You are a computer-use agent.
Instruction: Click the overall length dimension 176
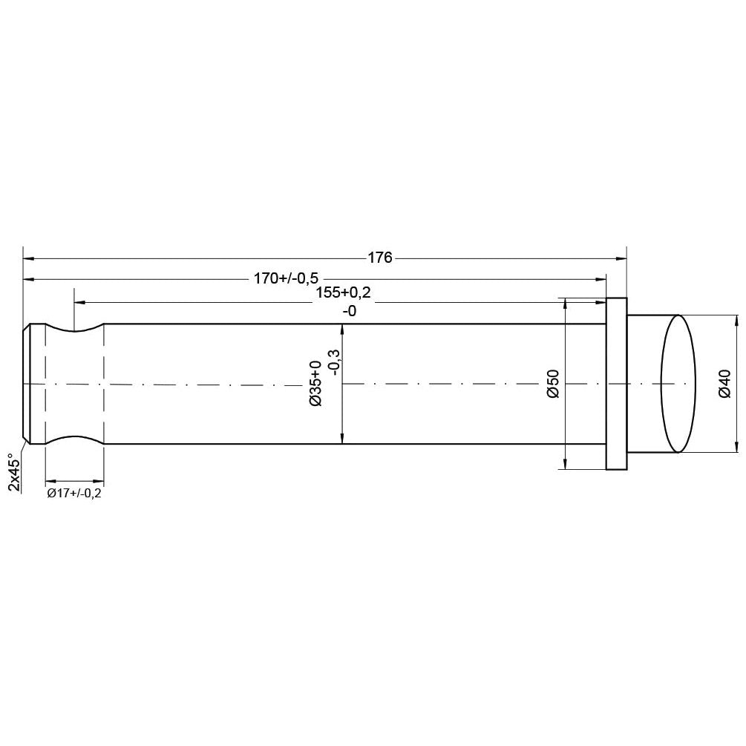tap(379, 258)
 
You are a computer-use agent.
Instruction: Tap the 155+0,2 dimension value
tap(342, 292)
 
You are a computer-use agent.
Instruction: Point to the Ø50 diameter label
tap(553, 384)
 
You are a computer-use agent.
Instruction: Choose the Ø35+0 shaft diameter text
tap(315, 383)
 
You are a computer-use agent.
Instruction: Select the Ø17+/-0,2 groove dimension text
tap(73, 494)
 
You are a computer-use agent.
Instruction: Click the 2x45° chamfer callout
tap(13, 472)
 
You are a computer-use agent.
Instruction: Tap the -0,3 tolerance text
tap(333, 363)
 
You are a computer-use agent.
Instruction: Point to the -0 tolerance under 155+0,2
tap(349, 312)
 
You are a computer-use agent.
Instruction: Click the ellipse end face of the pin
tap(678, 384)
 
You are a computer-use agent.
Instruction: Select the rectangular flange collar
tap(616, 384)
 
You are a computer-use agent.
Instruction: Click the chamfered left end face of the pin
tap(27, 384)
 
